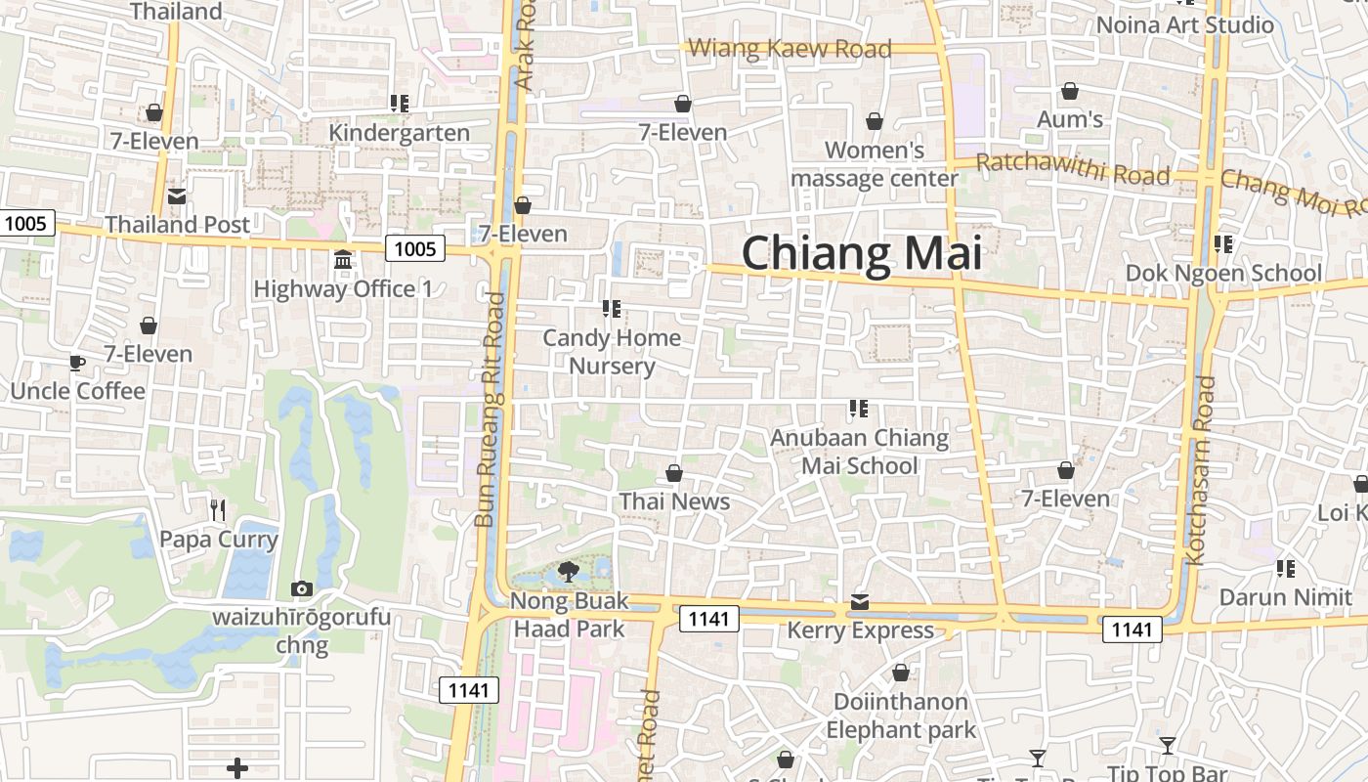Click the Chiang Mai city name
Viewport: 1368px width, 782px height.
click(x=861, y=253)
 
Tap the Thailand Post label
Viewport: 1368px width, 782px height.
click(x=177, y=225)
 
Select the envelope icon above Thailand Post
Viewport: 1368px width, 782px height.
click(x=177, y=196)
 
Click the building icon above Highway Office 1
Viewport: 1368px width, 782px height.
click(x=343, y=260)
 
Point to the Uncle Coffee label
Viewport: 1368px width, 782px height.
click(x=77, y=391)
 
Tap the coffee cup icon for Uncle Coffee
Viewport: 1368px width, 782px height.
click(x=77, y=364)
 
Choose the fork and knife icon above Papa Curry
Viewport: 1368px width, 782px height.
click(x=218, y=509)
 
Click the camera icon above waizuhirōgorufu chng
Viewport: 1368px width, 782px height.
click(x=302, y=588)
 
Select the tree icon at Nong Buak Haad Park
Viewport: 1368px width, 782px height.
click(x=568, y=572)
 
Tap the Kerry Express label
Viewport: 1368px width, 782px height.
click(x=860, y=630)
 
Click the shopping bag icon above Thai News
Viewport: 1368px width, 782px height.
click(x=674, y=474)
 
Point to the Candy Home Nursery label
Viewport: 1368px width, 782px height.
click(x=612, y=352)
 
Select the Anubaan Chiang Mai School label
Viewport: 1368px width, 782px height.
click(x=859, y=452)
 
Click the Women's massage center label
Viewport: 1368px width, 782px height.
click(x=875, y=164)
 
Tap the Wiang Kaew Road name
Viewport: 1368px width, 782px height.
click(x=790, y=49)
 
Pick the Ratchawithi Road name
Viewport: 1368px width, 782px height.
click(x=1072, y=170)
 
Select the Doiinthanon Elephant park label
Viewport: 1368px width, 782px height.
click(x=900, y=716)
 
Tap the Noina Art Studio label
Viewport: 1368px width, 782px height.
click(x=1184, y=25)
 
